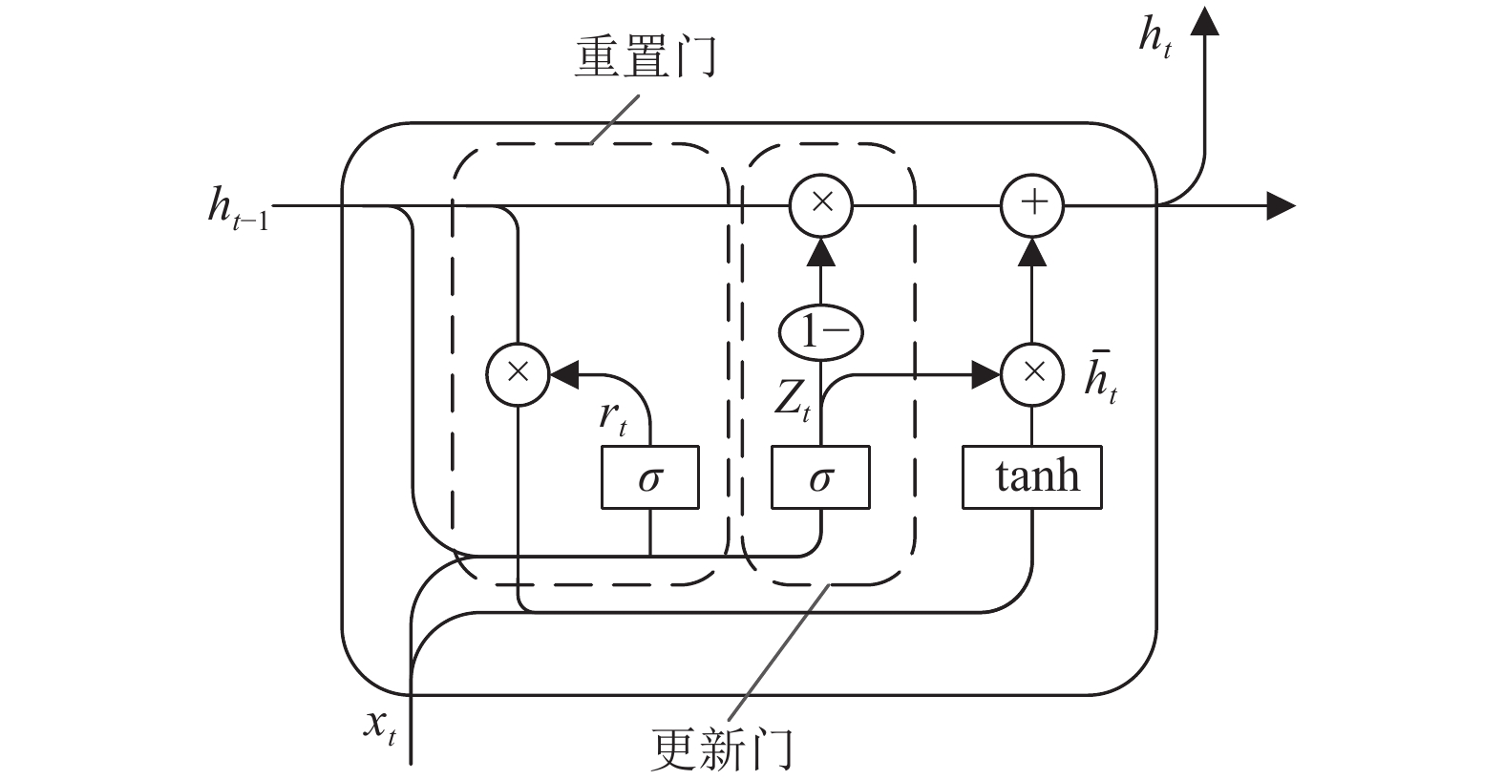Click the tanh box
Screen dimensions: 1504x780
click(x=1032, y=477)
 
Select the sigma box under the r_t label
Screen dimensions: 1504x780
click(x=650, y=477)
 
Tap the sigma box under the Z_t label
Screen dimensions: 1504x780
click(x=820, y=477)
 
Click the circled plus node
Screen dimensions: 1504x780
click(x=1032, y=205)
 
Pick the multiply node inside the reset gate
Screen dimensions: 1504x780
click(x=518, y=374)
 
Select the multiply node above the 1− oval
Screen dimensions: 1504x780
click(x=820, y=205)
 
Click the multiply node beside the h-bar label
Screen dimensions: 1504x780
click(x=1032, y=374)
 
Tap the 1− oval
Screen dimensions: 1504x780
click(x=820, y=332)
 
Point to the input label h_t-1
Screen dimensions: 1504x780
click(x=239, y=209)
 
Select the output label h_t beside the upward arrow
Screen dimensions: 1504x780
click(x=1155, y=37)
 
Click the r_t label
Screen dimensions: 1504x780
click(x=613, y=419)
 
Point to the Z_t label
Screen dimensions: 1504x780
click(x=793, y=401)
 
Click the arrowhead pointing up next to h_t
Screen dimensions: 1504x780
click(x=1204, y=21)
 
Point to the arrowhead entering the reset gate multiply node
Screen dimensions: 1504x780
click(x=564, y=374)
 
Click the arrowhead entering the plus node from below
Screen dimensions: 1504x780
click(x=1032, y=252)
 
